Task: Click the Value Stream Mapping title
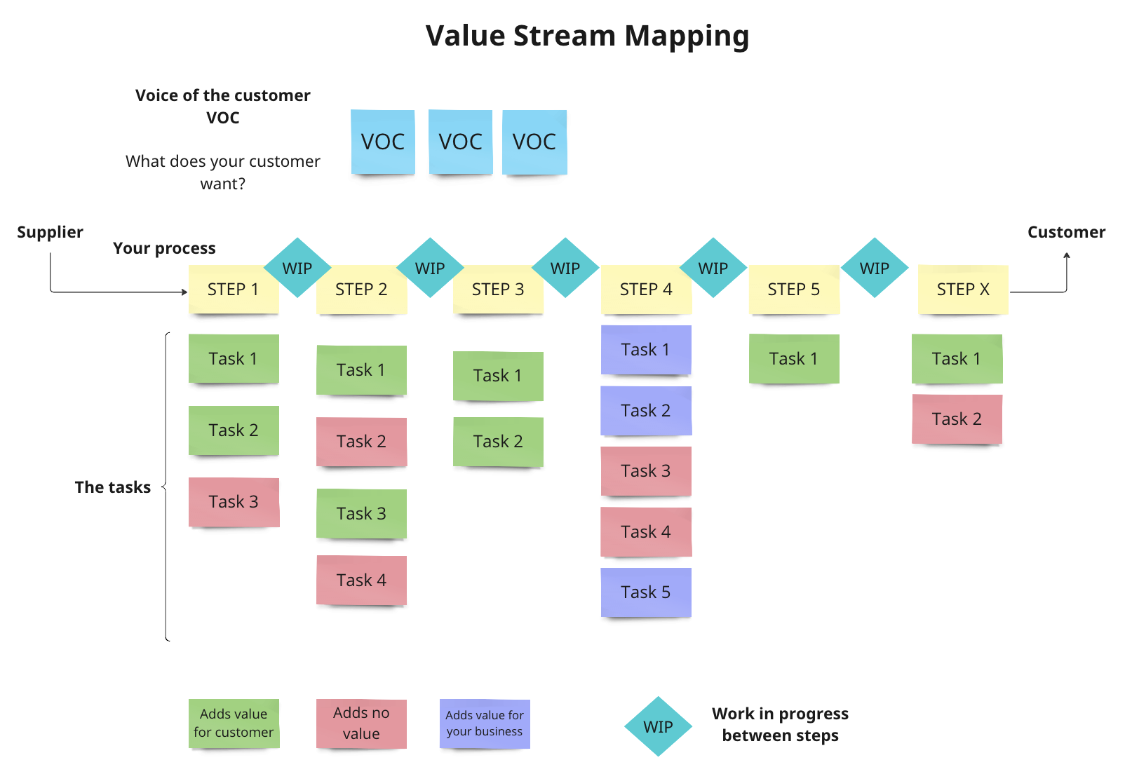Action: point(587,36)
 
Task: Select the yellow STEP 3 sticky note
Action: point(498,289)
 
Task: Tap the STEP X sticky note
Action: point(963,289)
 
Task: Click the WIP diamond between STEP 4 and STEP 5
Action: point(713,269)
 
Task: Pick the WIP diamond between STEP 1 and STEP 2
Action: point(297,269)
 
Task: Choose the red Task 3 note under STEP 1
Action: point(234,502)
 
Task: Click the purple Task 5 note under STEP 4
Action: point(646,592)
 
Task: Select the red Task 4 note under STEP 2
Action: point(361,580)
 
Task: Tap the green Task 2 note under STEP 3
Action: point(498,442)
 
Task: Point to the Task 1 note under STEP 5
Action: point(794,359)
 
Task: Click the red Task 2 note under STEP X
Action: point(957,419)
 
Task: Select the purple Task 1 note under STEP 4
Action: point(646,350)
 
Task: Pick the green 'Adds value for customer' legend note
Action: point(234,724)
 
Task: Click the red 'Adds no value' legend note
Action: point(361,724)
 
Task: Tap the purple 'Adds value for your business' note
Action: point(485,724)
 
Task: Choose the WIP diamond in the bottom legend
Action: point(658,727)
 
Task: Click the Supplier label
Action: point(50,232)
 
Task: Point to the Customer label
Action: point(1066,232)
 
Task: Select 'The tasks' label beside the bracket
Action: point(112,487)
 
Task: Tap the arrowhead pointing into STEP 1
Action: point(184,292)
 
